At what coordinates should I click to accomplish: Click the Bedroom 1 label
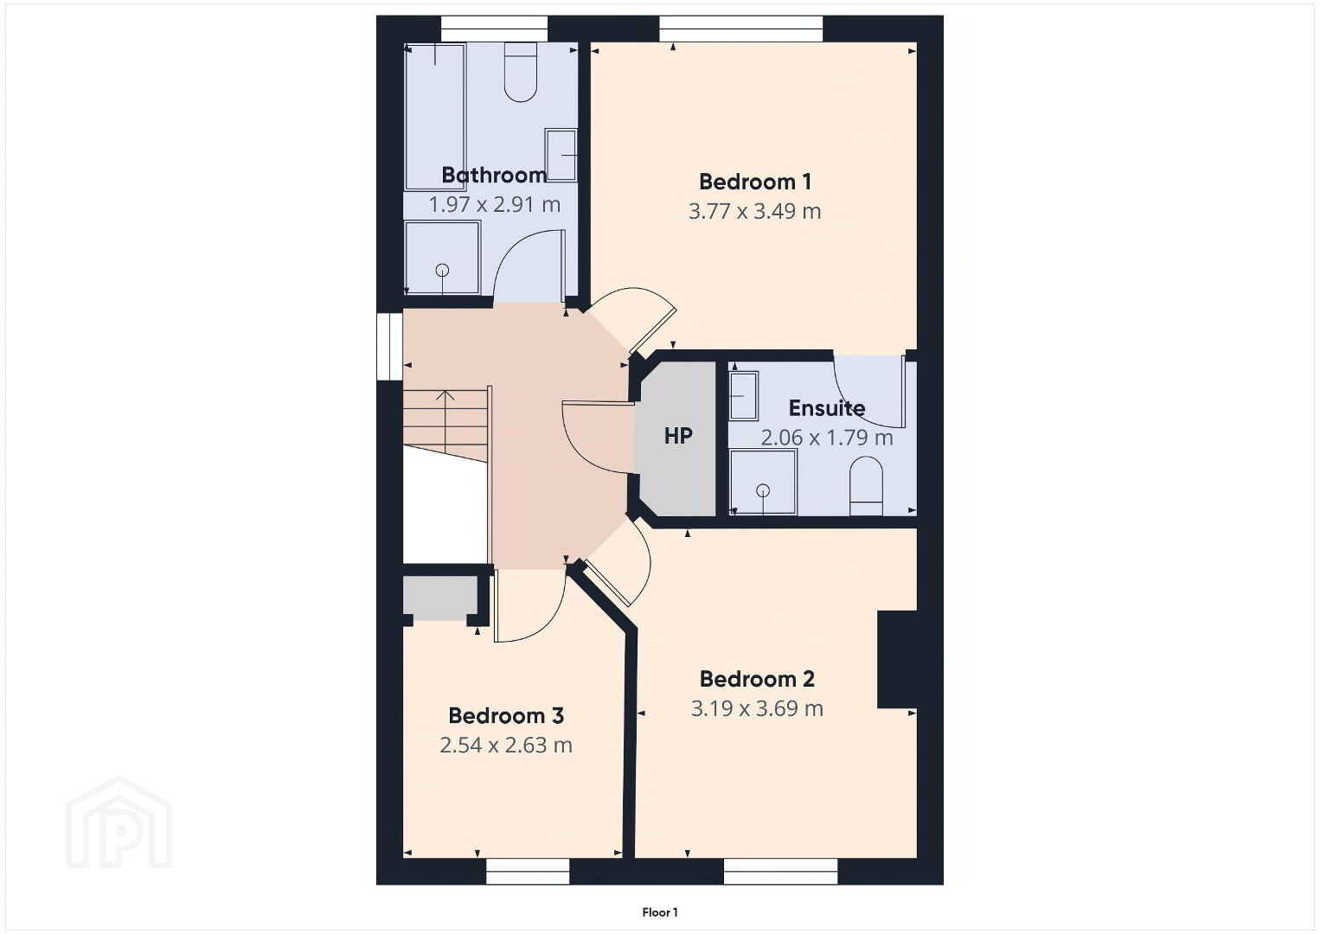(x=755, y=182)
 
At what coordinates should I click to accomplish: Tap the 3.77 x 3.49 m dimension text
(x=755, y=211)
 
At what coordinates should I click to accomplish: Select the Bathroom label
(x=494, y=175)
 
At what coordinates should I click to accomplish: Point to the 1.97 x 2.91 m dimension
(x=494, y=204)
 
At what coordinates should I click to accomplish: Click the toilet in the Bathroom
(x=521, y=72)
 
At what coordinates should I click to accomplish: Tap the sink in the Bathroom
(x=561, y=155)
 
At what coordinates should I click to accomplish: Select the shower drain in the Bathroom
(x=442, y=271)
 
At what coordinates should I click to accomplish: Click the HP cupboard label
(x=677, y=436)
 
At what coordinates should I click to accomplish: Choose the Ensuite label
(x=827, y=408)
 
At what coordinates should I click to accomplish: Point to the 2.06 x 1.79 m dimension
(x=827, y=438)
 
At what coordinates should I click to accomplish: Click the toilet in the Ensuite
(x=866, y=485)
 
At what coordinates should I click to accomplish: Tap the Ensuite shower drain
(x=763, y=489)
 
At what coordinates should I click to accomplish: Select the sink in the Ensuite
(x=744, y=395)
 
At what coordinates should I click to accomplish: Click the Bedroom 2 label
(x=757, y=679)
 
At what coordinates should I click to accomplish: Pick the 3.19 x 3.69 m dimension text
(x=757, y=708)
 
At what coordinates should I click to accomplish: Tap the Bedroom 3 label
(x=506, y=715)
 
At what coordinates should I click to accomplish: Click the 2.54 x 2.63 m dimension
(x=506, y=745)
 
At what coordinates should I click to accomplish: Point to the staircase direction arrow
(x=445, y=421)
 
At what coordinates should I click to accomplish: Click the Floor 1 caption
(x=660, y=912)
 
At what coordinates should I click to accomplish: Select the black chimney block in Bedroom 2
(x=898, y=659)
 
